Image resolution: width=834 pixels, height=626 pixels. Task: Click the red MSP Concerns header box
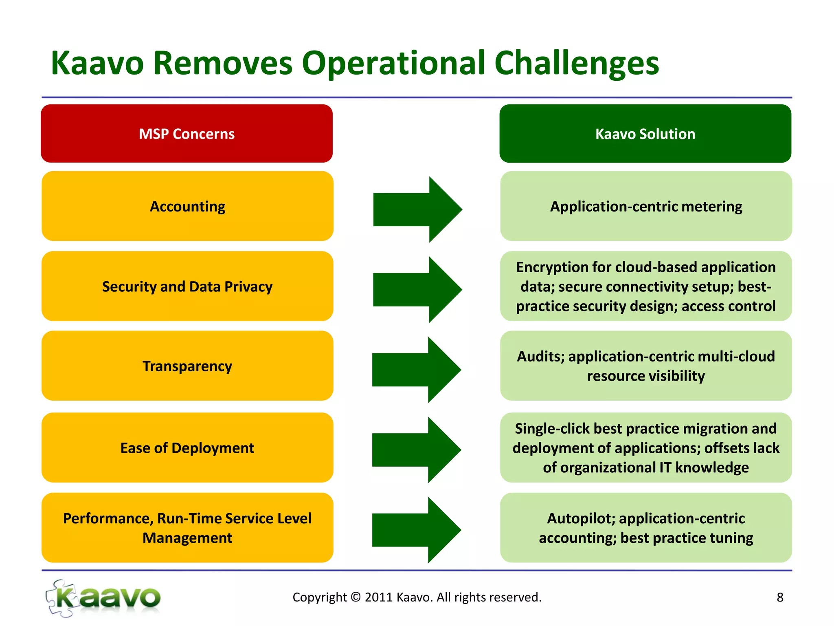(x=187, y=134)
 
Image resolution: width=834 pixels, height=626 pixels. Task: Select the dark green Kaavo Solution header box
(x=645, y=134)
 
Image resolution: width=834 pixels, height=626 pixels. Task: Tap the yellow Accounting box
(x=187, y=206)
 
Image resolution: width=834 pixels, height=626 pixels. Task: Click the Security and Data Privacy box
(x=187, y=287)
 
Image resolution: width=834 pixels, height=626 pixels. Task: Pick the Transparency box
(x=187, y=366)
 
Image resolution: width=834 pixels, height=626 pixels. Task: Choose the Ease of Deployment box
(x=187, y=448)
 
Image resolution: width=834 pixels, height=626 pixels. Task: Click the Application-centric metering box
(x=646, y=206)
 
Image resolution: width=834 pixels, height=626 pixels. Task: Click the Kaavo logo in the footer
(x=103, y=598)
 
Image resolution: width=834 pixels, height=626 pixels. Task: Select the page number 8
(x=780, y=597)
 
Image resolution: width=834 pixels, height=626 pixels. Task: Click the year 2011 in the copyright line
(x=378, y=597)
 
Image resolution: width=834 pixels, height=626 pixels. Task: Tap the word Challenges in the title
(x=576, y=64)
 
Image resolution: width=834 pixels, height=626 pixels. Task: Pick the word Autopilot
(x=581, y=519)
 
